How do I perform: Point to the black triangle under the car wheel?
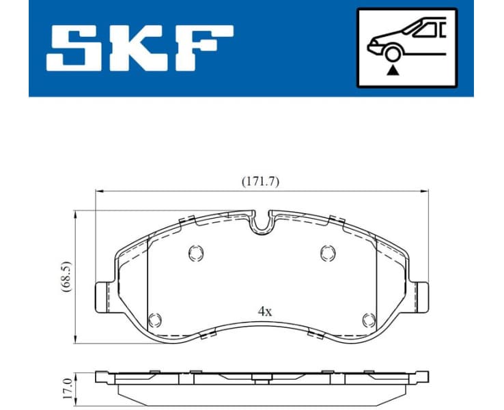point(393,70)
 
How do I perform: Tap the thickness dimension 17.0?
point(65,387)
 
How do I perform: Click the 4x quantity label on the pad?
point(264,311)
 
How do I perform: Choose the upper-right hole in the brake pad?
point(328,253)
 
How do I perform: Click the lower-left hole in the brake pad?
point(156,318)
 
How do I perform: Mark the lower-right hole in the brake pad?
point(369,318)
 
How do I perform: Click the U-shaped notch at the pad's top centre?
point(262,222)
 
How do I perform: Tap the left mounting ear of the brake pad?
point(100,298)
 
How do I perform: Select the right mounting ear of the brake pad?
point(423,298)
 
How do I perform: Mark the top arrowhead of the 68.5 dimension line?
point(74,214)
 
